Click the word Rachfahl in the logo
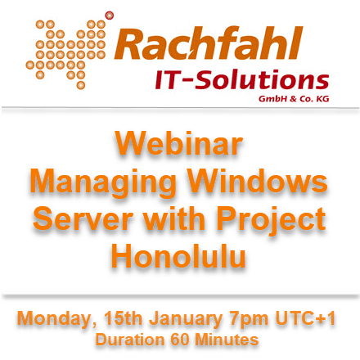coord(209,43)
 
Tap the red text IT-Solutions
coord(242,80)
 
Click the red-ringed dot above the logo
coord(110,16)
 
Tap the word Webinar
coord(179,143)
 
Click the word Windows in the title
coord(258,181)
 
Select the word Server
coord(83,218)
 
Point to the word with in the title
coord(174,218)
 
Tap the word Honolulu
coord(178,256)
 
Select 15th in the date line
coord(123,318)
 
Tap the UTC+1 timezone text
coord(305,318)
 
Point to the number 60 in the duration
coord(180,340)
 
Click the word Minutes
coord(227,340)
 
